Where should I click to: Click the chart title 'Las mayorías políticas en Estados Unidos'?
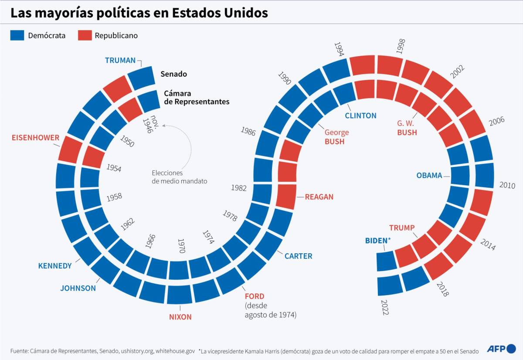point(139,13)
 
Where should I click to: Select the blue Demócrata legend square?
point(17,36)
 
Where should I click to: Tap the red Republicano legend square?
point(85,36)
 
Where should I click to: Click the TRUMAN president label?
point(120,61)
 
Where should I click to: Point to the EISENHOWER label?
point(36,138)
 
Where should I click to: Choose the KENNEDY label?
point(55,266)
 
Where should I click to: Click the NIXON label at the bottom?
point(180,317)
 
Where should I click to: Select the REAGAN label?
point(319,197)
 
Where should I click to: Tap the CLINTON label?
point(360,116)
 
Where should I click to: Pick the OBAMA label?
point(429,176)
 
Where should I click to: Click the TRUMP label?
point(402,228)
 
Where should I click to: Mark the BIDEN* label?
point(378,241)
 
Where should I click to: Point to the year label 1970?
point(181,246)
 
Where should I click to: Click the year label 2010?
point(507,185)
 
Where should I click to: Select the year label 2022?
point(384,307)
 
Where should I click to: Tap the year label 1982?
point(239,188)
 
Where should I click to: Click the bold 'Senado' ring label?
point(173,74)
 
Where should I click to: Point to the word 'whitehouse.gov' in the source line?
point(175,350)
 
